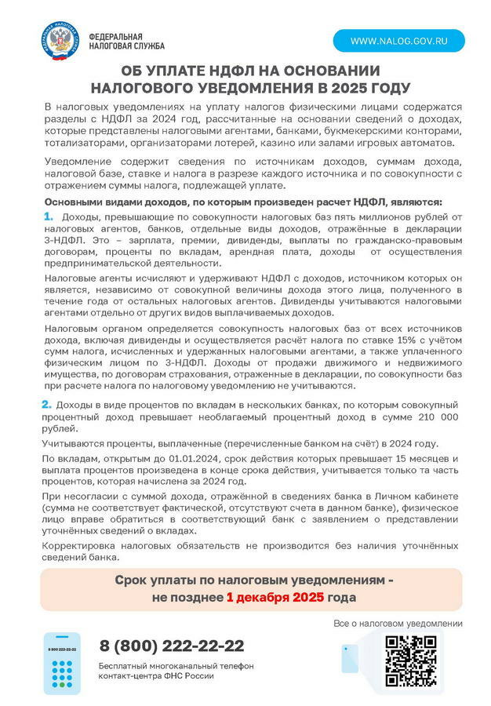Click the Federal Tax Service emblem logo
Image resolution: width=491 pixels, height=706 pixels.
[x=60, y=42]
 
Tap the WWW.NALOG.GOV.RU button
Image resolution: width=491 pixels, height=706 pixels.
[x=398, y=40]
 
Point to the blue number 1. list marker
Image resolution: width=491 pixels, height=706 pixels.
[x=49, y=216]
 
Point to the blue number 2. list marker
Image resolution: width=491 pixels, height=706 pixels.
[x=46, y=404]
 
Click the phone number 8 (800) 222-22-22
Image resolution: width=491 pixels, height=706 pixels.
[x=171, y=646]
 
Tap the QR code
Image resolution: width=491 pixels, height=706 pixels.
[x=412, y=659]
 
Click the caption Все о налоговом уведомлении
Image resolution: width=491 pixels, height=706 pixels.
[x=398, y=624]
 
